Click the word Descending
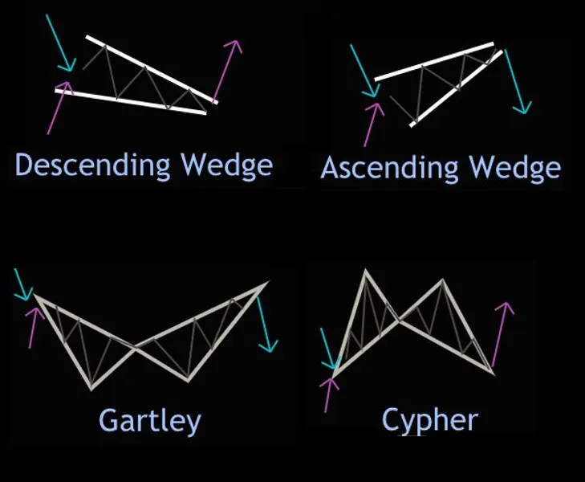pos(93,165)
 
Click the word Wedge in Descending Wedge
pos(227,165)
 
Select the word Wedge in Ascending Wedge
pos(514,167)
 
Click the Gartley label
pos(149,419)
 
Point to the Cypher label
pos(429,419)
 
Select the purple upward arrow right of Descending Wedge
pos(228,68)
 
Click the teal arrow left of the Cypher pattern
pos(327,349)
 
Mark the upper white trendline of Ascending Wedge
pos(434,61)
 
